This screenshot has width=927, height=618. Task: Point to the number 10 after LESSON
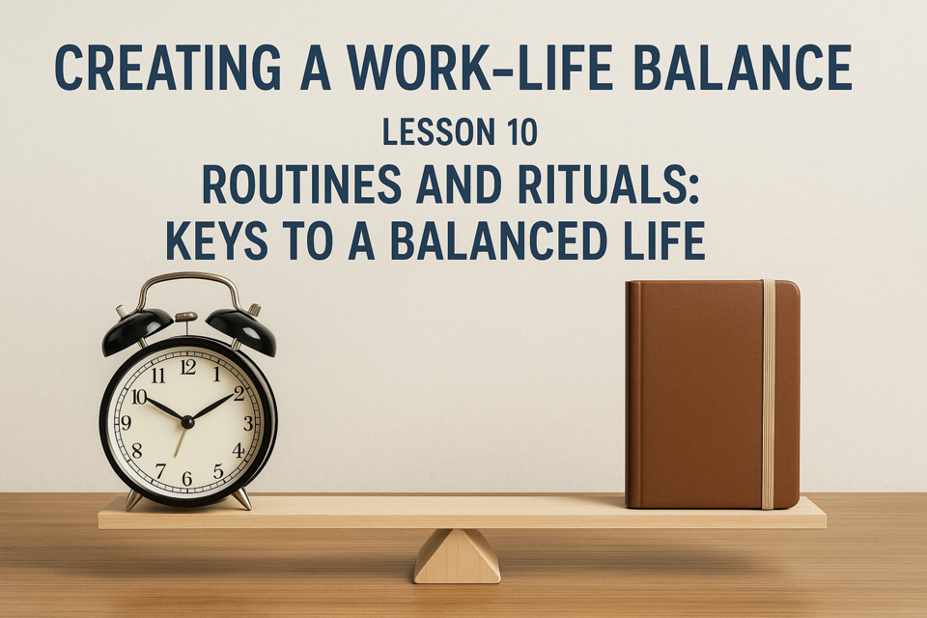(x=521, y=132)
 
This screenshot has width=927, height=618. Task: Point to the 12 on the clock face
(x=188, y=367)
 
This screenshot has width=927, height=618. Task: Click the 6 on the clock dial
(x=186, y=478)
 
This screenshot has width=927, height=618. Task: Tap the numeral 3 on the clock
(x=248, y=423)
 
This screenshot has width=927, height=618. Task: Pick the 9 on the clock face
(x=126, y=422)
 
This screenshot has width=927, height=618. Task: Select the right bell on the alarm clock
(x=241, y=332)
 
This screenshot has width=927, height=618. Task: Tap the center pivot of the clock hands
(x=187, y=422)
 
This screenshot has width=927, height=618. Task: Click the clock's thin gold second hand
(x=181, y=440)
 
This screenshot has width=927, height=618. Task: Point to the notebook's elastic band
(x=768, y=394)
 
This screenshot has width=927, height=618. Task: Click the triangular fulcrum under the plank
(x=457, y=556)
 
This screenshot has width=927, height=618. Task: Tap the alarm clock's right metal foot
(x=241, y=500)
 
